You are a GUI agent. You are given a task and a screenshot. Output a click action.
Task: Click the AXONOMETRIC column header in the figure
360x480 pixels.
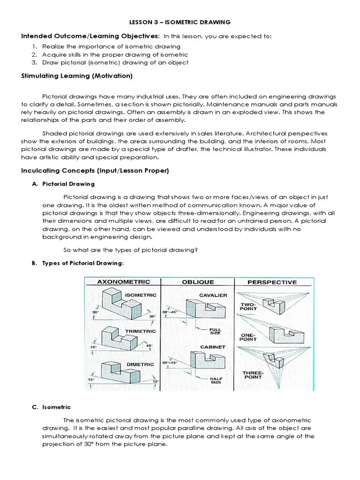click(x=123, y=282)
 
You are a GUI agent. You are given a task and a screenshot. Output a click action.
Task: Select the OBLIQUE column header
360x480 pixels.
click(x=197, y=282)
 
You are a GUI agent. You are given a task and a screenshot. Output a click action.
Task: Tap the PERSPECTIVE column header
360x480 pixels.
click(x=272, y=282)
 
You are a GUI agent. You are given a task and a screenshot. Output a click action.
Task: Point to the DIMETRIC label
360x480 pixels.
click(x=140, y=364)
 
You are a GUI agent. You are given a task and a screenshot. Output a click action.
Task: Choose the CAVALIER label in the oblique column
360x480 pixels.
click(x=213, y=295)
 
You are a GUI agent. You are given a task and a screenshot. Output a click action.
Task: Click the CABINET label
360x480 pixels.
click(x=213, y=347)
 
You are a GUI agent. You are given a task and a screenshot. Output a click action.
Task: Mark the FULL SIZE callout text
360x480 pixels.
click(x=215, y=331)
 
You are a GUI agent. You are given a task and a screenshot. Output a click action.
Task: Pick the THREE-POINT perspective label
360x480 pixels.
click(x=253, y=375)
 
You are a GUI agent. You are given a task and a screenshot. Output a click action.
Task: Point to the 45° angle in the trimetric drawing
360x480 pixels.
click(x=150, y=346)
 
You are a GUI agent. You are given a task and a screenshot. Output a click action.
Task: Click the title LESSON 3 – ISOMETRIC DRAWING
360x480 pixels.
click(x=180, y=22)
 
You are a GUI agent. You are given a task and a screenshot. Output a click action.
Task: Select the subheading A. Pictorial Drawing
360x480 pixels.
click(x=63, y=184)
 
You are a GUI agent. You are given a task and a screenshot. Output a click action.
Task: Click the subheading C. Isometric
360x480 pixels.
click(x=51, y=407)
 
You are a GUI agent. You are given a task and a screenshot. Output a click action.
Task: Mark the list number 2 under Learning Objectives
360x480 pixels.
click(x=35, y=54)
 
